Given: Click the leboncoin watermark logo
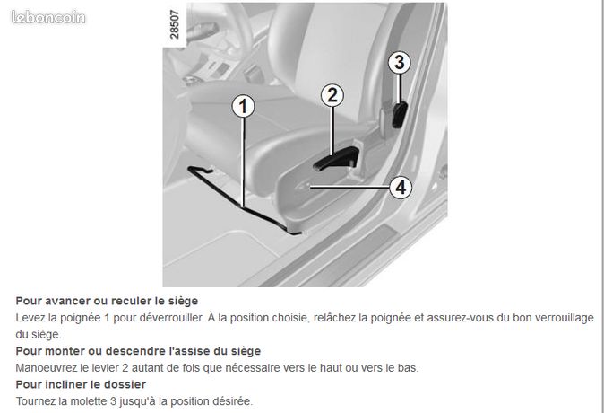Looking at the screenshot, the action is [48, 17].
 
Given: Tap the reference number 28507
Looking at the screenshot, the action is [175, 24].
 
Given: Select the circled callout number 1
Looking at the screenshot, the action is [244, 107].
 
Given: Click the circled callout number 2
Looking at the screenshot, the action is [332, 95].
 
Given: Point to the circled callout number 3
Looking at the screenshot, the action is [399, 63].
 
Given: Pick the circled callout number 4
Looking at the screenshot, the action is [401, 188].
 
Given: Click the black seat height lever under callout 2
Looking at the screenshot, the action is [336, 159].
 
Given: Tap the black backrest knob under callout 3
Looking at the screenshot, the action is [400, 115].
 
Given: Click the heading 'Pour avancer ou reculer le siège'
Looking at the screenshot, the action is [107, 301].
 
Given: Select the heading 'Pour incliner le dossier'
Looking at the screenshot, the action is [81, 384].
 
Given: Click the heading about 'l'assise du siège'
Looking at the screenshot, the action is [138, 351].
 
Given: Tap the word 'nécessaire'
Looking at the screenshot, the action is [253, 368].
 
